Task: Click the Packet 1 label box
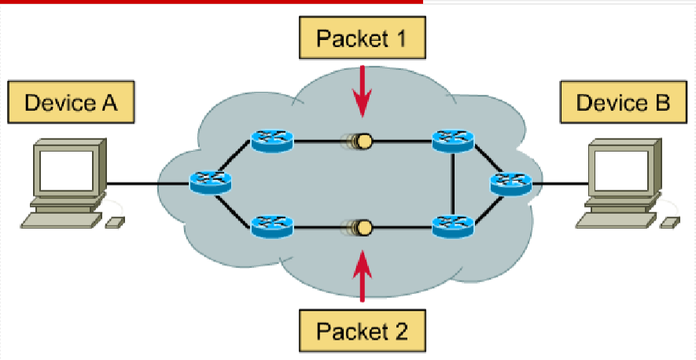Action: pos(361,38)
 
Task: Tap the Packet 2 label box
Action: pos(363,329)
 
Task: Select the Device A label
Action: pos(71,102)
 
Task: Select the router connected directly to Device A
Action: pos(211,183)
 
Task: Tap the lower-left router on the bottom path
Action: pos(272,229)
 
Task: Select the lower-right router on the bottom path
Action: pos(454,229)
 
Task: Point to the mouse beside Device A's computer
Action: pos(113,222)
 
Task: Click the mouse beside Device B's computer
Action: pos(669,222)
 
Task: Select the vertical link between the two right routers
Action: pos(454,185)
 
